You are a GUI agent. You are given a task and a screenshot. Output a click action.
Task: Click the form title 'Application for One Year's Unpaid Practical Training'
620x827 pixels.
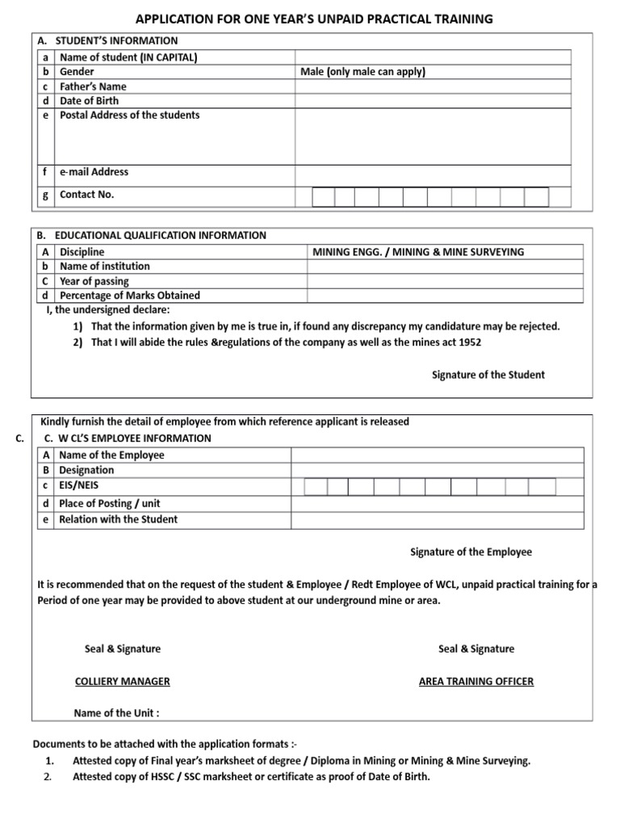click(x=313, y=19)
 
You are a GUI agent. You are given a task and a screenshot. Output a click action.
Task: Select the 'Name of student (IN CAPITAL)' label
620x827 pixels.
click(x=129, y=57)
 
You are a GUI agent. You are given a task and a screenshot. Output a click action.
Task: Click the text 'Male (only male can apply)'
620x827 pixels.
click(x=363, y=72)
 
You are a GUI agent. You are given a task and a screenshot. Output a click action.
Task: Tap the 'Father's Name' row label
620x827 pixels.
click(x=94, y=86)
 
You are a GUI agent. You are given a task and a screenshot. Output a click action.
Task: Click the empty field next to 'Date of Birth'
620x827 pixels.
click(x=432, y=101)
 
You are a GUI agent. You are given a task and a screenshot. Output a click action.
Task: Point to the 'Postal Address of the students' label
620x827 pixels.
click(x=130, y=115)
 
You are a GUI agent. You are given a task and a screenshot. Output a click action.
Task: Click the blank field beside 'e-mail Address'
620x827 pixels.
click(x=432, y=172)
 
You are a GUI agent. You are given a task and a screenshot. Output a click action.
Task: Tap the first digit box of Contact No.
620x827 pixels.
click(x=323, y=197)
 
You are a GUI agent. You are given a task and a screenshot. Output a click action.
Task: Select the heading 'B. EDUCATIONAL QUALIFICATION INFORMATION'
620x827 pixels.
click(x=152, y=236)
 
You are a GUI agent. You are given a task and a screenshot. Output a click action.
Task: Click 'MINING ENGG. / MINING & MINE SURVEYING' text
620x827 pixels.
click(x=417, y=252)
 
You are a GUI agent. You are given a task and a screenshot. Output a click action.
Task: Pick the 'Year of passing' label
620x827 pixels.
click(x=97, y=281)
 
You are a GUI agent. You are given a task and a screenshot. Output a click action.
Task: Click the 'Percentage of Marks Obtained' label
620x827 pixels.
click(x=130, y=296)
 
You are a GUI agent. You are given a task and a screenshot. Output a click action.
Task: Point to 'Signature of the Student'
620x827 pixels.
click(x=488, y=375)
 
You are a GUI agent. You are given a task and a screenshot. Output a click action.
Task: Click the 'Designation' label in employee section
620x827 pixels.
click(x=87, y=470)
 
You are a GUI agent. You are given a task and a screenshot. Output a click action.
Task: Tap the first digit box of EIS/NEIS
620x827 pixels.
click(x=316, y=486)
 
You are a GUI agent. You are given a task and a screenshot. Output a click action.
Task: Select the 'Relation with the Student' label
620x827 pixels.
click(x=119, y=519)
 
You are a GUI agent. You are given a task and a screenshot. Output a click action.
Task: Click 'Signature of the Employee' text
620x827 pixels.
click(x=471, y=552)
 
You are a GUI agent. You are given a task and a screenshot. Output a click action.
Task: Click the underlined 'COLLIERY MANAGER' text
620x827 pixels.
click(x=122, y=682)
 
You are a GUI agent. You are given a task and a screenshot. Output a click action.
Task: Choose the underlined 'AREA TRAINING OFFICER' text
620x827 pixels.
click(x=476, y=682)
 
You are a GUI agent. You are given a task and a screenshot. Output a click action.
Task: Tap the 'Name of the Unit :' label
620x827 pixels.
click(x=116, y=713)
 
